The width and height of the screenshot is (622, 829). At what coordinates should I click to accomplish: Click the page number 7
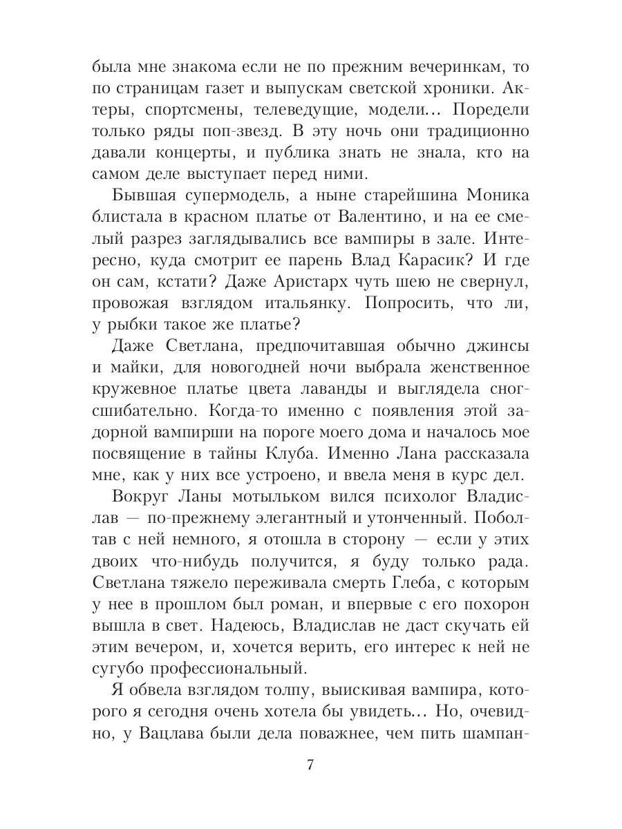(310, 765)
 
